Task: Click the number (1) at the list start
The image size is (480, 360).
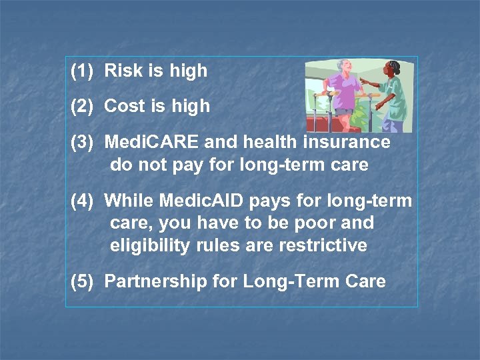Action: (83, 71)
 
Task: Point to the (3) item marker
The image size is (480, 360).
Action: (83, 142)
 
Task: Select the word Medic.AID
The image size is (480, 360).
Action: (201, 200)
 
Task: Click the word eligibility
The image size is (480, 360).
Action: (150, 245)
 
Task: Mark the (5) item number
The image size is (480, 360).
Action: (83, 281)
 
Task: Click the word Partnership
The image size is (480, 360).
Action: (156, 281)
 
